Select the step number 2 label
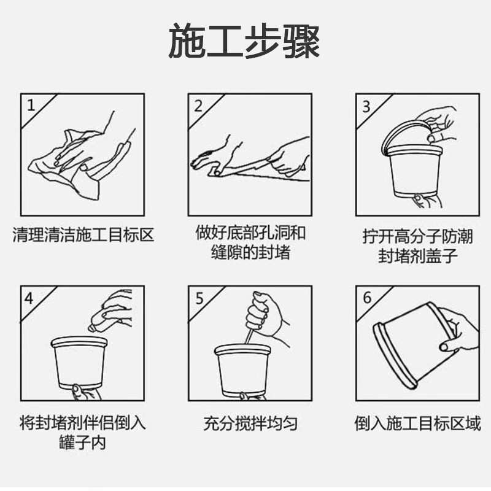click(198, 106)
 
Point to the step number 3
click(366, 106)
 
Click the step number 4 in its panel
click(29, 298)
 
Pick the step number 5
click(199, 298)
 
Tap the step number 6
click(367, 298)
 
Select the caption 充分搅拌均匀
click(250, 423)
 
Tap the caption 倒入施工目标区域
click(417, 423)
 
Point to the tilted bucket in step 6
click(408, 347)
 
